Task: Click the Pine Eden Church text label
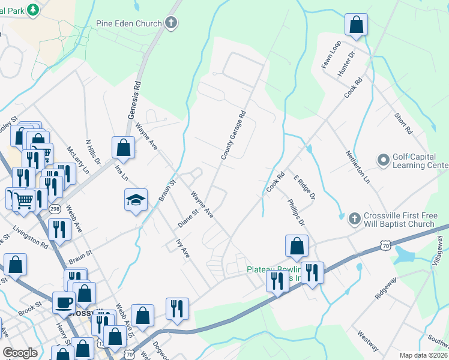click(129, 24)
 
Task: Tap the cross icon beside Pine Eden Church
click(172, 24)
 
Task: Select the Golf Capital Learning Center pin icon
click(383, 160)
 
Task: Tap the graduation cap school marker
click(136, 200)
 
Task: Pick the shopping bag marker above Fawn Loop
click(356, 25)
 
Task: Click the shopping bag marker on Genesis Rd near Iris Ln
click(123, 148)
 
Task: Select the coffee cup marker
click(64, 303)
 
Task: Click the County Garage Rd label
click(234, 135)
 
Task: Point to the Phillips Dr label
click(296, 213)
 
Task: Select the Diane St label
click(188, 219)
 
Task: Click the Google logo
click(20, 353)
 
